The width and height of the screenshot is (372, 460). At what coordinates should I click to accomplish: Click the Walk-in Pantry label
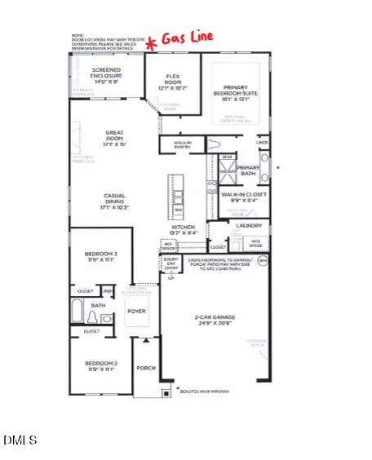(186, 144)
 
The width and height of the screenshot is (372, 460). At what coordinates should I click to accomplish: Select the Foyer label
(135, 309)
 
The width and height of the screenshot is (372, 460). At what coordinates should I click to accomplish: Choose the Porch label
(145, 368)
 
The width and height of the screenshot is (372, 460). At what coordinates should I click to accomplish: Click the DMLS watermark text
(20, 440)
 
